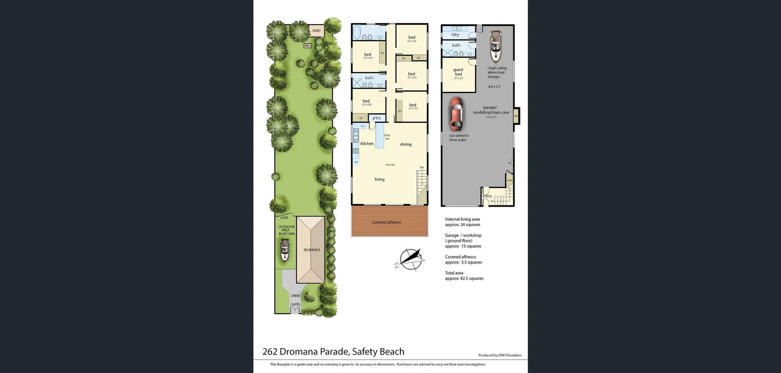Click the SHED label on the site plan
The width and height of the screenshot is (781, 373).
tap(316, 31)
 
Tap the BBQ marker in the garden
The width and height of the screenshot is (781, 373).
tap(308, 46)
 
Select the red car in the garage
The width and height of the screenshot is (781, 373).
tap(456, 113)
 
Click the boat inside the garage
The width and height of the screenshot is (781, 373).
tap(495, 46)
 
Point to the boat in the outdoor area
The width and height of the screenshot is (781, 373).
tap(285, 250)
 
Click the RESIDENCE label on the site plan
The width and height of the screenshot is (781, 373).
tap(312, 250)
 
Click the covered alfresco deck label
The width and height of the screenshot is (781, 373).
tap(386, 222)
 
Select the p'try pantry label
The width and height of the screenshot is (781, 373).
tap(377, 118)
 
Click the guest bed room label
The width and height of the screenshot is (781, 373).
tap(458, 72)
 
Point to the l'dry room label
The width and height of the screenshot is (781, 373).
tap(455, 35)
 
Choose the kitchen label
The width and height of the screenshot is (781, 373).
tap(367, 144)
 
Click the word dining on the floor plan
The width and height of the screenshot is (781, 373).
tap(406, 144)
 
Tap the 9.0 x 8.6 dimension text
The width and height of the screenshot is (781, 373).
tap(390, 165)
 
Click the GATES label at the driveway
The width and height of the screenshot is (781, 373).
tap(295, 304)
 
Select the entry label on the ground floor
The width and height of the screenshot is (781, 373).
tap(487, 196)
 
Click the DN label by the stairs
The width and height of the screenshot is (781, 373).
tap(422, 168)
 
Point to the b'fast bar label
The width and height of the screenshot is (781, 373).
tap(387, 137)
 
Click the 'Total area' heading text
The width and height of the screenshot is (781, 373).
tap(454, 273)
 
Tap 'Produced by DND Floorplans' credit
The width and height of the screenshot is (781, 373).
tap(500, 355)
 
